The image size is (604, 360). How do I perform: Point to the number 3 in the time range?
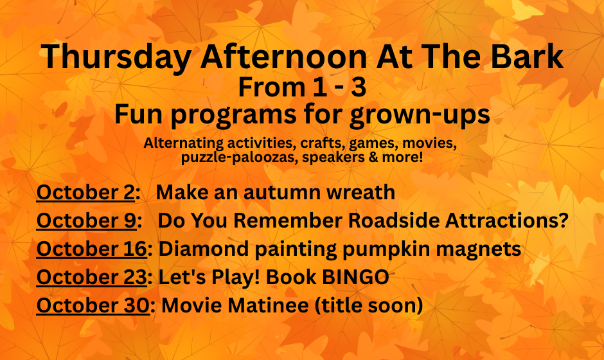[x=359, y=87]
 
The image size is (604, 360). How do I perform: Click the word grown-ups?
[x=420, y=116]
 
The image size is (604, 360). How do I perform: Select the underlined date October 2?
[x=85, y=192]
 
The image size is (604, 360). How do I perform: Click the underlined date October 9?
[x=86, y=221]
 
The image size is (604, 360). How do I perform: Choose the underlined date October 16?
[x=92, y=249]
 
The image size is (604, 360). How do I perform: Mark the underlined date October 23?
[x=92, y=276]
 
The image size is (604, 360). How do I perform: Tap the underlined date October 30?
[x=93, y=305]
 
